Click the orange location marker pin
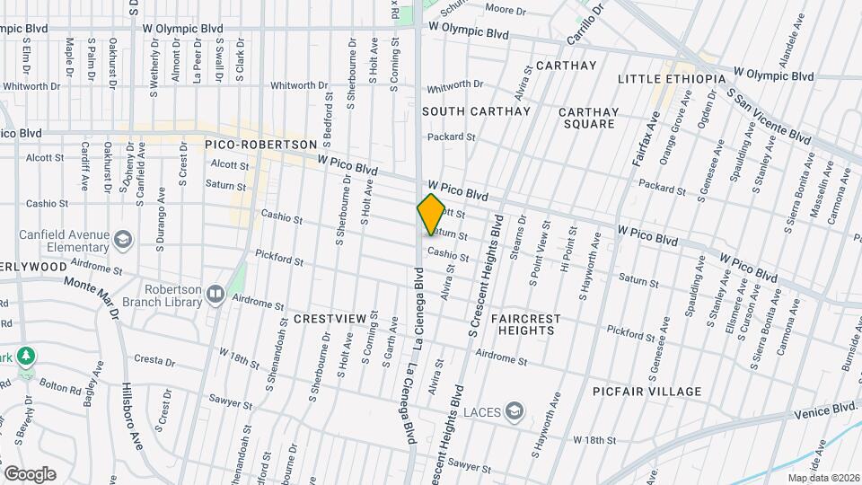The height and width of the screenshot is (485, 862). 431,215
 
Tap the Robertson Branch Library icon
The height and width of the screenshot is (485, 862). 215,294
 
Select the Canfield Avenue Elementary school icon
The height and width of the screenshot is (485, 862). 122,240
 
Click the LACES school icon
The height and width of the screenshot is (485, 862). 514,412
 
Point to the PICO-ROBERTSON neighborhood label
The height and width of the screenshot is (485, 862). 261,144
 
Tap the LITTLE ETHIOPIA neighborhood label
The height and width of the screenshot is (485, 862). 672,79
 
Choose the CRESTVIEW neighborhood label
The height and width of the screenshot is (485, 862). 330,319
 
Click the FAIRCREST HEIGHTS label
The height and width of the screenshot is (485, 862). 528,324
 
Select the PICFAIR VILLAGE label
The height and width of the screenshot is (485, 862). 646,392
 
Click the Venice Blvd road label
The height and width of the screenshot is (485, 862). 827,410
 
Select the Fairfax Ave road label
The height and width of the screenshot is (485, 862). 650,136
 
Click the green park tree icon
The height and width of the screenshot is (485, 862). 27,356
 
